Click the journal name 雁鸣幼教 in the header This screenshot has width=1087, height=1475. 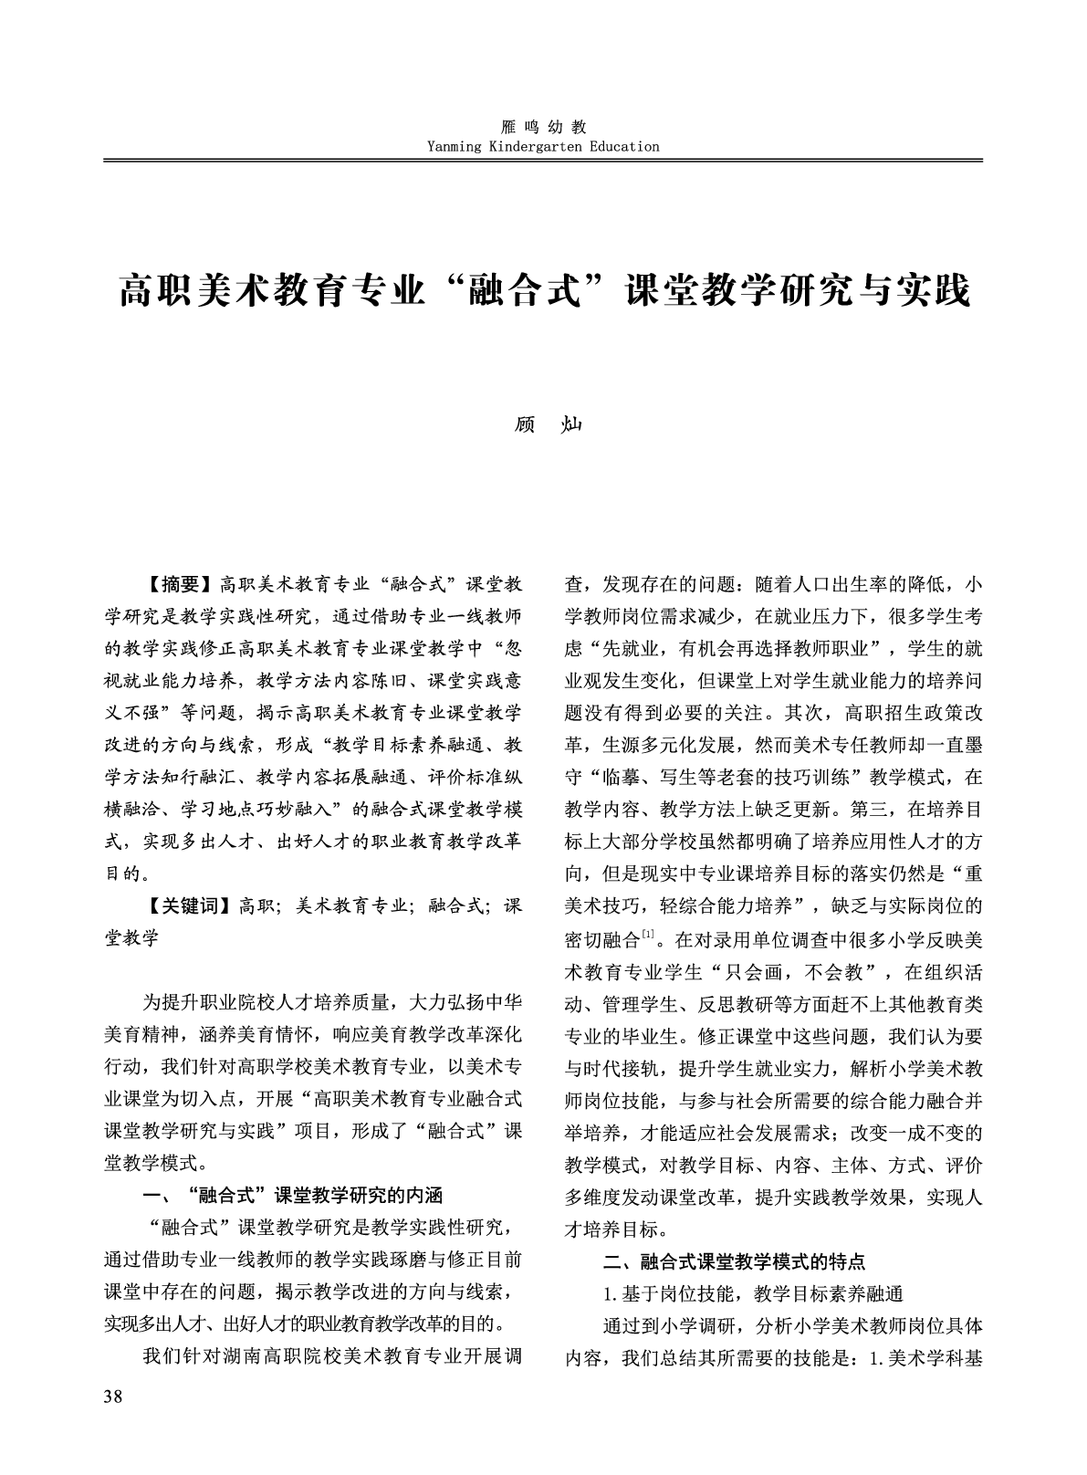[543, 127]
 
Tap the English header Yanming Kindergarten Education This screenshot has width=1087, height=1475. [543, 146]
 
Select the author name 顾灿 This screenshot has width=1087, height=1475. [544, 425]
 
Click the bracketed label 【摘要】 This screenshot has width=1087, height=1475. [179, 584]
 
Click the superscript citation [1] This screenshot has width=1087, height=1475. [648, 932]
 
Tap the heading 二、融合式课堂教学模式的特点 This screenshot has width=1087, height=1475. [735, 1261]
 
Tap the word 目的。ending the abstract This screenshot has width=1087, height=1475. [124, 873]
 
